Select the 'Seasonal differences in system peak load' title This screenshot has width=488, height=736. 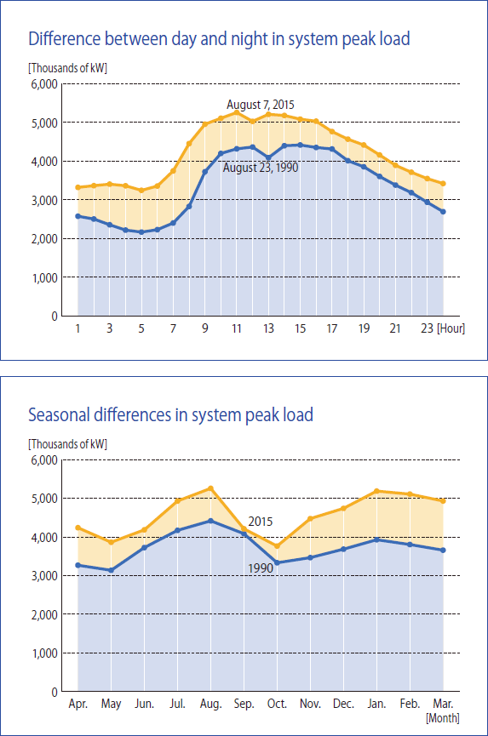click(x=170, y=415)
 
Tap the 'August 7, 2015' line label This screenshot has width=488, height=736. click(x=261, y=104)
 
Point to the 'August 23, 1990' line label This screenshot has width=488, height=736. click(x=261, y=168)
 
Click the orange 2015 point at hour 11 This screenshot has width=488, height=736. click(x=236, y=112)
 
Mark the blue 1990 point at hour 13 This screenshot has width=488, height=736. click(x=268, y=157)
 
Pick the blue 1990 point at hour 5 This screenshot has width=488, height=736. click(x=141, y=232)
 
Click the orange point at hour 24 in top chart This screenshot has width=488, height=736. click(x=443, y=184)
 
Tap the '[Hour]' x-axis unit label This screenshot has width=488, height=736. click(x=451, y=328)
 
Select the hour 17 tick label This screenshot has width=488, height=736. click(x=332, y=328)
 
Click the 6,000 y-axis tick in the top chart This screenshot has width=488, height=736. click(x=44, y=84)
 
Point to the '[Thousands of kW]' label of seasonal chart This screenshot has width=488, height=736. click(x=67, y=443)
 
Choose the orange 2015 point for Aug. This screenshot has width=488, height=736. click(x=210, y=488)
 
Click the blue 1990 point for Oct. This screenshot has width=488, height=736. click(x=277, y=562)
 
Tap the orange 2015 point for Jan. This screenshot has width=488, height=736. click(x=376, y=491)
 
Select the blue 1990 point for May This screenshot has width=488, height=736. click(x=112, y=570)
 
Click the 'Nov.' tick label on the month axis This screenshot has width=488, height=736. click(x=310, y=704)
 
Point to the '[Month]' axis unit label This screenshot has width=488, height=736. click(x=443, y=717)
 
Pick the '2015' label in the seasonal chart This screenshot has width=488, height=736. click(x=261, y=522)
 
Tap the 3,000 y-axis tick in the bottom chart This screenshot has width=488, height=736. click(x=44, y=575)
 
